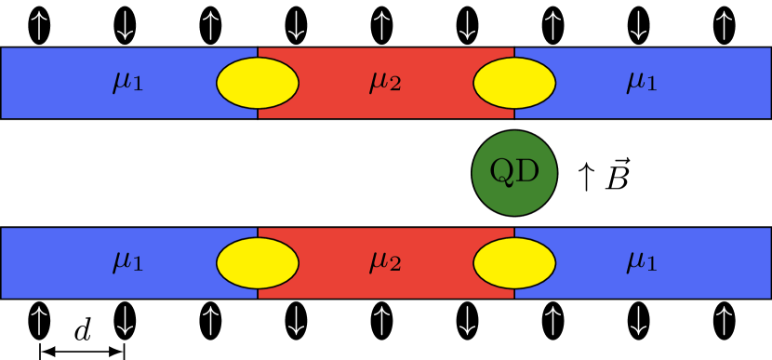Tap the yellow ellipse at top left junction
[258, 83]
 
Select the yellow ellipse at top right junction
[514, 83]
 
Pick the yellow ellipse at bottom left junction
[258, 263]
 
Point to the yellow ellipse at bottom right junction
[514, 263]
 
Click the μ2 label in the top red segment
[385, 83]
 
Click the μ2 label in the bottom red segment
[385, 263]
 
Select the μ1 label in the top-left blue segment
[128, 83]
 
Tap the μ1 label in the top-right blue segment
[642, 83]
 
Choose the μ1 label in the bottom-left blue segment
[128, 263]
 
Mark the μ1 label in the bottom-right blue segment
[642, 263]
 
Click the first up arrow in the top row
[39, 26]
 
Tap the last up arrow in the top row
[724, 26]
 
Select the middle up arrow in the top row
[381, 26]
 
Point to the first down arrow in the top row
[125, 26]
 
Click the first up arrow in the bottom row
[39, 321]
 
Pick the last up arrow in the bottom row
[724, 321]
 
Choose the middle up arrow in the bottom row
[381, 321]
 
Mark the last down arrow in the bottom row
[638, 321]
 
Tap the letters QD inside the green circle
[514, 172]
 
